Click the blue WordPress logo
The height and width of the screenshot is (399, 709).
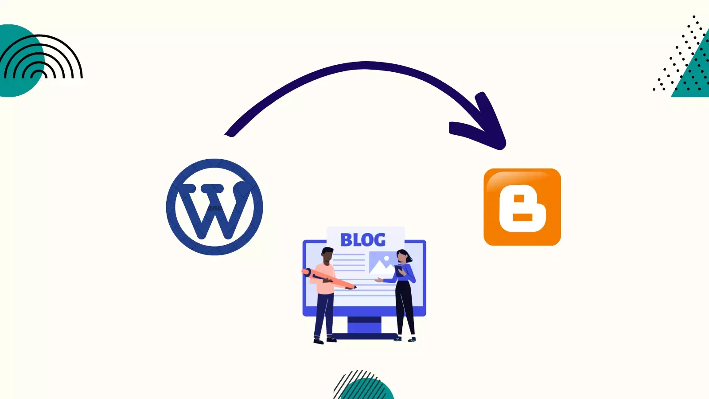click(x=214, y=207)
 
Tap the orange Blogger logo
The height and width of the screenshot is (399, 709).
click(x=522, y=207)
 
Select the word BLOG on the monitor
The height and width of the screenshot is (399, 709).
click(x=363, y=240)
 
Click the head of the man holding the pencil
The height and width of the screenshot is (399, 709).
click(x=327, y=255)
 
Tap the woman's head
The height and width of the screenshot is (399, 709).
click(x=402, y=256)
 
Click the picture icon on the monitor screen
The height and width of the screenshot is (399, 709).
click(x=381, y=263)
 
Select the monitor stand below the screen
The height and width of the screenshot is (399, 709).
click(x=364, y=326)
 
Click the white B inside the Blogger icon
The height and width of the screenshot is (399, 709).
click(x=522, y=208)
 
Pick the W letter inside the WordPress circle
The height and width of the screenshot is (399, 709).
click(x=215, y=208)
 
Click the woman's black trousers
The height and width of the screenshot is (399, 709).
click(x=405, y=306)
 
